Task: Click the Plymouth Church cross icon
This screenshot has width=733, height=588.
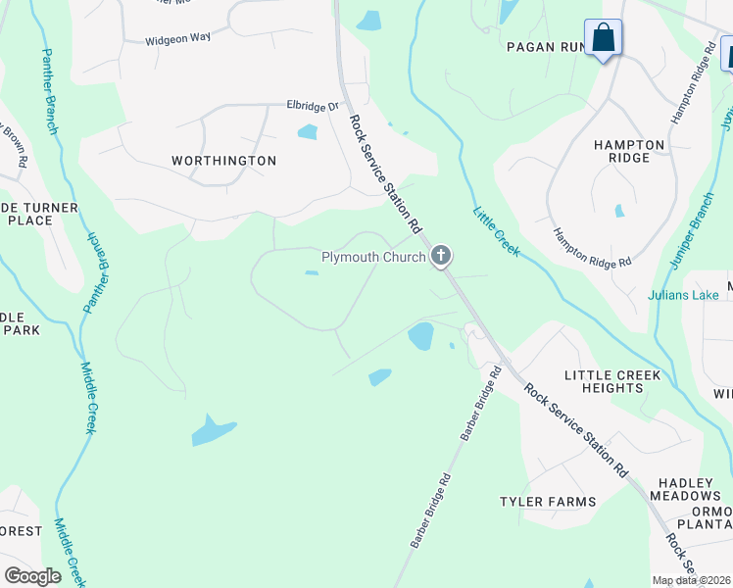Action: [441, 257]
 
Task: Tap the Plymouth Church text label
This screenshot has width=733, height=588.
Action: [373, 258]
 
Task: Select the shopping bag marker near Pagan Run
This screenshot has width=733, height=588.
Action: [603, 39]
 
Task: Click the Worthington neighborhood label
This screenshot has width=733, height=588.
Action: [223, 160]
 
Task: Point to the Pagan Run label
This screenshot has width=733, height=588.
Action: [544, 46]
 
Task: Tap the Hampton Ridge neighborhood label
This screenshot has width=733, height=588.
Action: [629, 151]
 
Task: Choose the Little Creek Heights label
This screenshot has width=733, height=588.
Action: [612, 381]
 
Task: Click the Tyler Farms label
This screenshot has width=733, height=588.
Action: [548, 502]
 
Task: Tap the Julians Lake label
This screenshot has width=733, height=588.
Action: [683, 295]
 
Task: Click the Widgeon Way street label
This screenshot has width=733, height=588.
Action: [178, 40]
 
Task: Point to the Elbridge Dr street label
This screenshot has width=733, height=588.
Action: [312, 106]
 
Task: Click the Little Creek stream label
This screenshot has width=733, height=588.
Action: [496, 231]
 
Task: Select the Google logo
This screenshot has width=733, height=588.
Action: [32, 576]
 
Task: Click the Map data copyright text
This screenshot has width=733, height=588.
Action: [692, 580]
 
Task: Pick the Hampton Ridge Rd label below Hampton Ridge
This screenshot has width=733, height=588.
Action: [592, 249]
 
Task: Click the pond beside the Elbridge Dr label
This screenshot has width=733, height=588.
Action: [307, 132]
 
